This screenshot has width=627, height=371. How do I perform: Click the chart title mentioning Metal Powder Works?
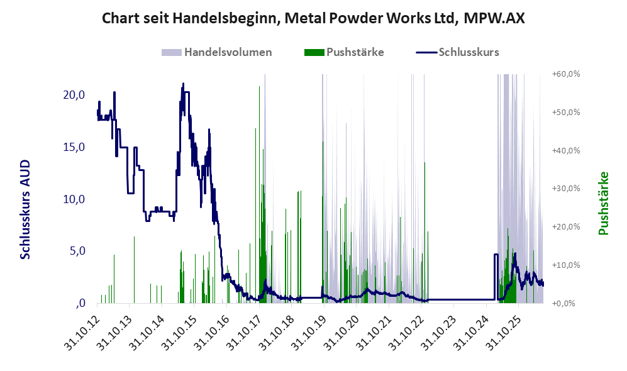[x=313, y=18]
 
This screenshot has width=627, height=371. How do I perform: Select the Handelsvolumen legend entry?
[x=217, y=52]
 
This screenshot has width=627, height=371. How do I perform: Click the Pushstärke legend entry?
[x=344, y=52]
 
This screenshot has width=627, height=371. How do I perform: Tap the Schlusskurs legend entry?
[x=457, y=52]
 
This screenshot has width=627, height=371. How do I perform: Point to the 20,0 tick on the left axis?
[x=74, y=95]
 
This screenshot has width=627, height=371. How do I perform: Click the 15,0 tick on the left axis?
[x=74, y=147]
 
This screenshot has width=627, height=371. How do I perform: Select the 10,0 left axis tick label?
[x=74, y=199]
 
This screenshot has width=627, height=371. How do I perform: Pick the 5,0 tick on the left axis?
[x=77, y=251]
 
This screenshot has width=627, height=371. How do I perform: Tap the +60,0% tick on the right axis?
[x=566, y=74]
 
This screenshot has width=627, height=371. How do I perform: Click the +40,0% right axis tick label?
[x=566, y=150]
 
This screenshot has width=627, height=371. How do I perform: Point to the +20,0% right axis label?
[x=566, y=226]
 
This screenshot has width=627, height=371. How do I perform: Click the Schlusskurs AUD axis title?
[x=25, y=209]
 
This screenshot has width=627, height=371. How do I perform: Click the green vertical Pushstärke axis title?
[x=603, y=204]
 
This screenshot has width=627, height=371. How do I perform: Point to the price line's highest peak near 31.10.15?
[x=183, y=84]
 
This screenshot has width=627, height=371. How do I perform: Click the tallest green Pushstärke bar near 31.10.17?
[x=259, y=195]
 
